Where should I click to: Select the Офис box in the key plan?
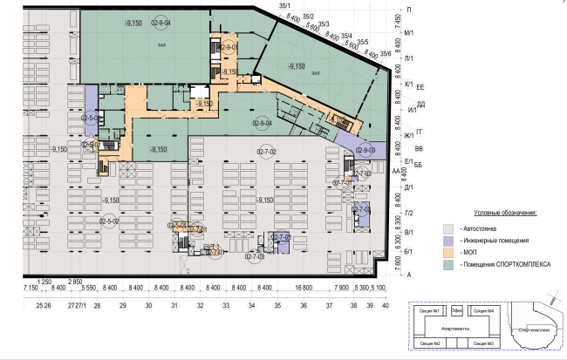pyautogui.click(x=456, y=310)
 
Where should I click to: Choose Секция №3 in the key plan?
pyautogui.click(x=484, y=343)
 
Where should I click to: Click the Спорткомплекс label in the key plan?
pyautogui.click(x=532, y=330)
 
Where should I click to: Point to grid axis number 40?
pyautogui.click(x=384, y=305)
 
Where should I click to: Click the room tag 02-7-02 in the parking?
pyautogui.click(x=266, y=153)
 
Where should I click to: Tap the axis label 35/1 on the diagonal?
pyautogui.click(x=283, y=6)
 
